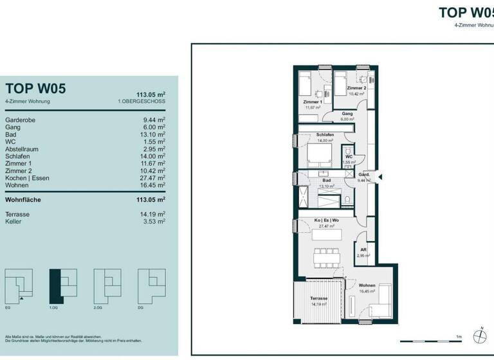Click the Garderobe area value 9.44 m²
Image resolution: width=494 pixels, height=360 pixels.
154,120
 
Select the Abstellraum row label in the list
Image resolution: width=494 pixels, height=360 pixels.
23,148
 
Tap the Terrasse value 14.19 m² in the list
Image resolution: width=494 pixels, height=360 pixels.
152,214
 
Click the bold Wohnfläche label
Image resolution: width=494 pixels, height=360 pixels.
23,200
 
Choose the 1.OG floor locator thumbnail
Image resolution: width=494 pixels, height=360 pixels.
63,286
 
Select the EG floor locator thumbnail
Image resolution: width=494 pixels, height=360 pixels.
19,286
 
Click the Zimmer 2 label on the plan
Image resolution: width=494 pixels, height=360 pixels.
356,88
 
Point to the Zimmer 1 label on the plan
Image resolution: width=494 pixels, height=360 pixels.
313,102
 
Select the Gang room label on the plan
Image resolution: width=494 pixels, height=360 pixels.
347,114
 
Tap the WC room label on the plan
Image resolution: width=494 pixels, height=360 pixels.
348,157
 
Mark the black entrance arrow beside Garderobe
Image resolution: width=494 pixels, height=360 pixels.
380,177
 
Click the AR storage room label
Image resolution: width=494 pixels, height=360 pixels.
363,250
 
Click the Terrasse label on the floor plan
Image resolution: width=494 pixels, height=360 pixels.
319,298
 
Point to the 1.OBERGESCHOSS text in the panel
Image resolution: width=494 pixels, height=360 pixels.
142,102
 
